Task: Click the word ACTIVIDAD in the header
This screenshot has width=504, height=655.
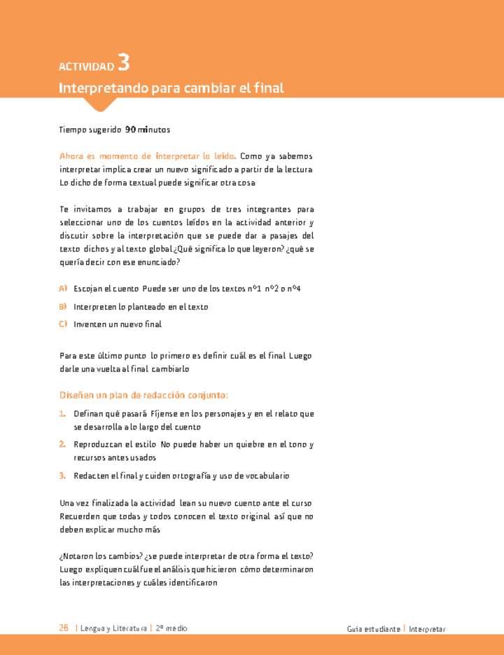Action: click(86, 67)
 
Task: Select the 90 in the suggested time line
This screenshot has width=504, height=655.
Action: click(130, 130)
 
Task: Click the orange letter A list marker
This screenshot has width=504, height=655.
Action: click(63, 289)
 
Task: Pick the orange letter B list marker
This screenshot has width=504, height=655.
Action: click(63, 306)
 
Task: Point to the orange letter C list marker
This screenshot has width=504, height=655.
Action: click(63, 324)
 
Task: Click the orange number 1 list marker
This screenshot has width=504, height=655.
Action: click(62, 414)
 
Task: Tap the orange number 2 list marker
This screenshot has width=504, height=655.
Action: click(62, 444)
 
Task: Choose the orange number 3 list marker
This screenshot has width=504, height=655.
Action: click(62, 476)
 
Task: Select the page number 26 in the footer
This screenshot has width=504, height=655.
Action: click(64, 628)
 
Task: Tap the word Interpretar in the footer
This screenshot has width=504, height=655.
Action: click(428, 629)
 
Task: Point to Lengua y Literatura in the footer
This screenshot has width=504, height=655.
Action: click(113, 628)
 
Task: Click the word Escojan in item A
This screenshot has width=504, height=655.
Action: click(88, 289)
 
